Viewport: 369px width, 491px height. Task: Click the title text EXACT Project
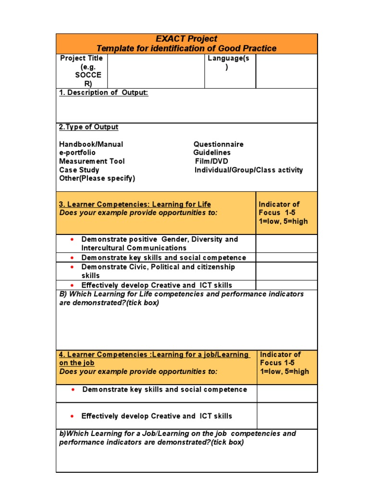click(x=186, y=39)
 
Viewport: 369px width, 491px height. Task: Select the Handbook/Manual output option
click(x=91, y=144)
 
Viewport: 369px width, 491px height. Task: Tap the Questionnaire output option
click(x=218, y=144)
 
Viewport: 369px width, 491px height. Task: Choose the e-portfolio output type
click(x=77, y=152)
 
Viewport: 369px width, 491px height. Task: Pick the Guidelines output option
click(x=212, y=152)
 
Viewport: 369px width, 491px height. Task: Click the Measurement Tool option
click(x=92, y=161)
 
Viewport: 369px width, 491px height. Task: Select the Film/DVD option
click(x=211, y=161)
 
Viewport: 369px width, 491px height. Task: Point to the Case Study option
click(x=79, y=170)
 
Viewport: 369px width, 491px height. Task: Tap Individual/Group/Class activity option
click(x=248, y=170)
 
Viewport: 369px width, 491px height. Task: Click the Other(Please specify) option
click(x=97, y=178)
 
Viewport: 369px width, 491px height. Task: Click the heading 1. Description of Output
click(x=103, y=93)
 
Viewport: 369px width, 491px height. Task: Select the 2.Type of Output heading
click(x=88, y=127)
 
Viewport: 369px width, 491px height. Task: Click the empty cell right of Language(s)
click(x=286, y=71)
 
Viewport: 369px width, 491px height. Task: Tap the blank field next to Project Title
click(x=156, y=71)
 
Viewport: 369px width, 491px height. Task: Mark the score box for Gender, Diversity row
click(x=286, y=244)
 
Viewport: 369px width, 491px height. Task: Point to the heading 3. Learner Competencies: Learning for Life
click(x=135, y=204)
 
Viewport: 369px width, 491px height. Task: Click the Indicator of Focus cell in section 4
click(x=287, y=363)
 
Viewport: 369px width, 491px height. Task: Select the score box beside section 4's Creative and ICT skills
click(x=287, y=416)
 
